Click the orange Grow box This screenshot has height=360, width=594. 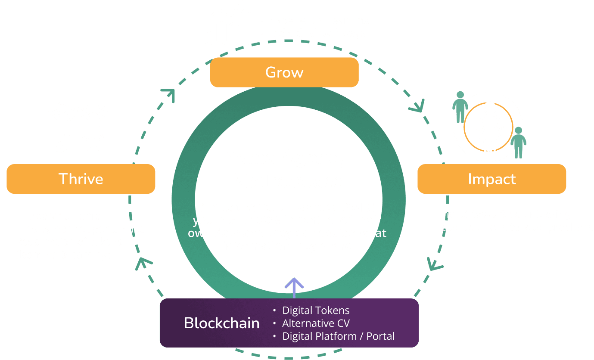point(284,72)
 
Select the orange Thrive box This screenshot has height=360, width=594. point(81,179)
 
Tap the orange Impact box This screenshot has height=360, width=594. point(491,179)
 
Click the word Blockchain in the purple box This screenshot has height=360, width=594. point(221,323)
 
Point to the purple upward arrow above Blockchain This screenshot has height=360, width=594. point(294,287)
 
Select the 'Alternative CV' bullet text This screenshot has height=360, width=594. point(316,323)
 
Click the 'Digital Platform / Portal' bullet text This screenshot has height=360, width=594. point(338,336)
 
